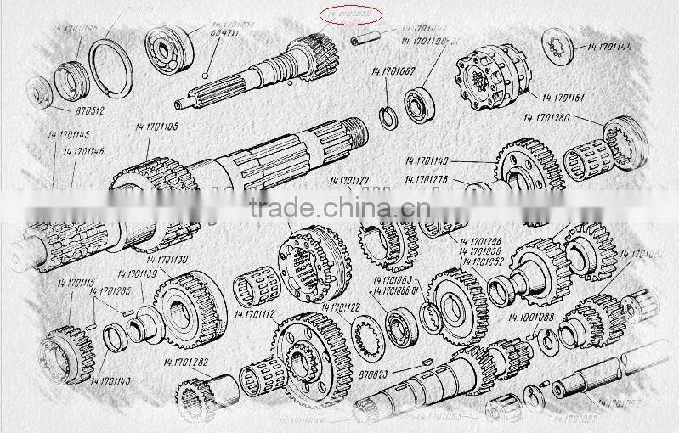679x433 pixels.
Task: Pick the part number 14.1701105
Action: (x=157, y=127)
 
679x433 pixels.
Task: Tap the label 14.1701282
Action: (x=184, y=363)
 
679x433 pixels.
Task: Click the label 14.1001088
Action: (x=531, y=318)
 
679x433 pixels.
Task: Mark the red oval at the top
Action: (x=349, y=15)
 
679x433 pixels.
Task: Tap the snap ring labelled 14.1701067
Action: (x=387, y=115)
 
